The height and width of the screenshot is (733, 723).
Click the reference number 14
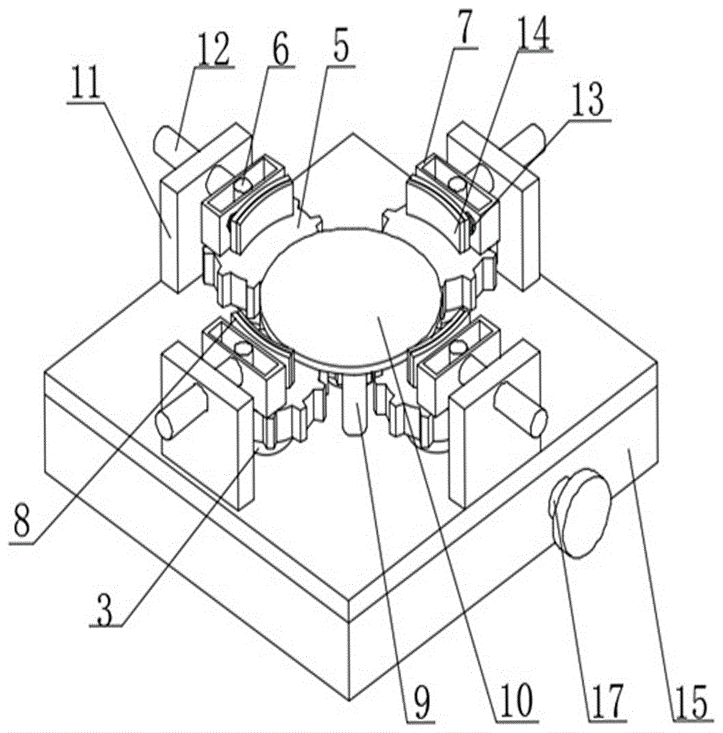pyautogui.click(x=533, y=37)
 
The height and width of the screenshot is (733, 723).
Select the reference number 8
pyautogui.click(x=23, y=523)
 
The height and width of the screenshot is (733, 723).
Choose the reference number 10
pyautogui.click(x=514, y=700)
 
